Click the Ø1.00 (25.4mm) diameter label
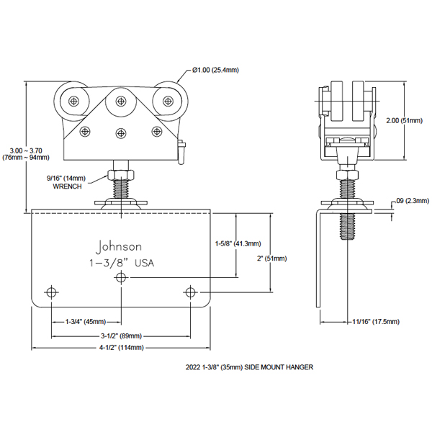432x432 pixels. click(215, 70)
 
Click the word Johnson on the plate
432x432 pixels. click(119, 246)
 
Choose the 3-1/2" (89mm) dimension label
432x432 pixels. click(120, 336)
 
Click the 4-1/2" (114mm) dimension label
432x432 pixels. click(120, 348)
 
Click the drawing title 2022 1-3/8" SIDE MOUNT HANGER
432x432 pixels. click(249, 366)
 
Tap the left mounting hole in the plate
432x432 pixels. click(51, 292)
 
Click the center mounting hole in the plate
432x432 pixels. click(121, 277)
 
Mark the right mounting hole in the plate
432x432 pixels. click(191, 292)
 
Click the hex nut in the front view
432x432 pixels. click(120, 174)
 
